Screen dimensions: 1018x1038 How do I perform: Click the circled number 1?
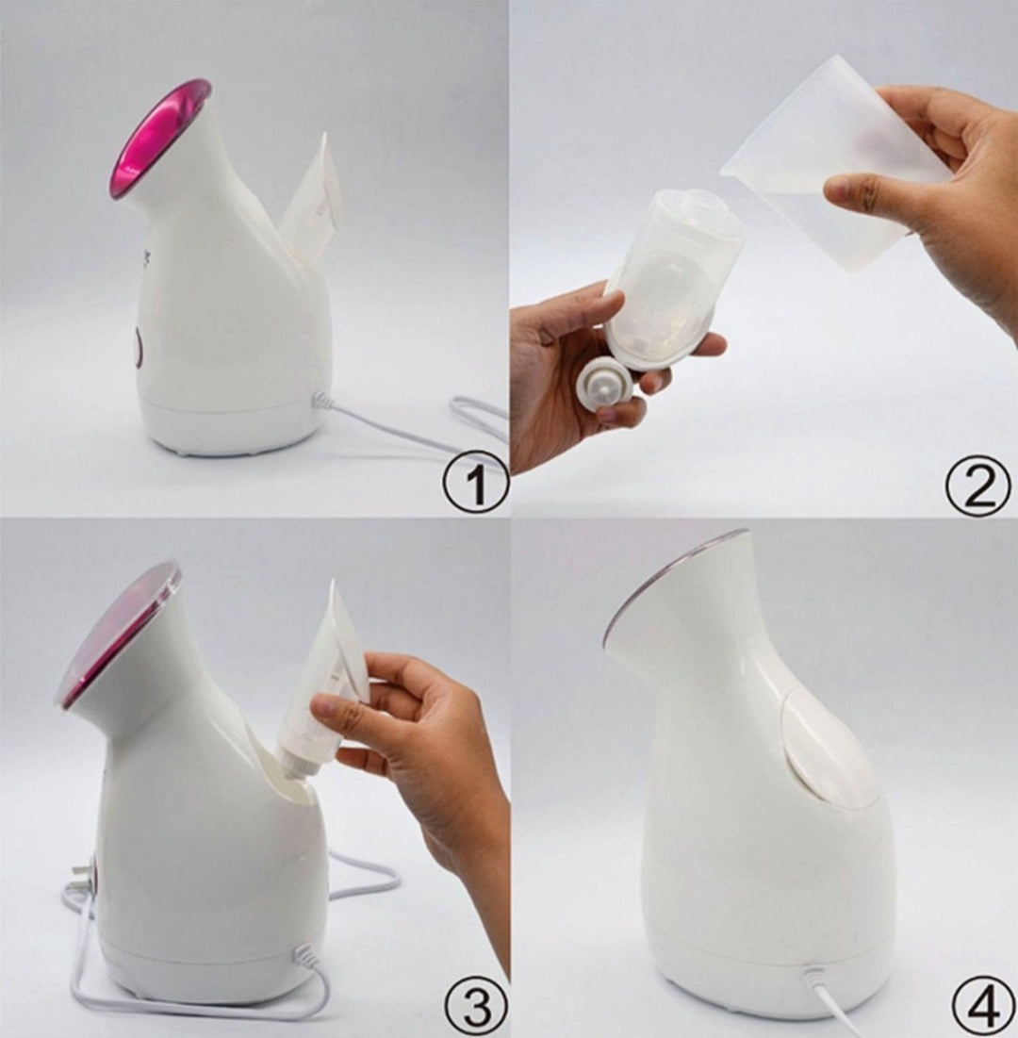tap(474, 482)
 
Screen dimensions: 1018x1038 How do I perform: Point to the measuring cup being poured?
tap(835, 163)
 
